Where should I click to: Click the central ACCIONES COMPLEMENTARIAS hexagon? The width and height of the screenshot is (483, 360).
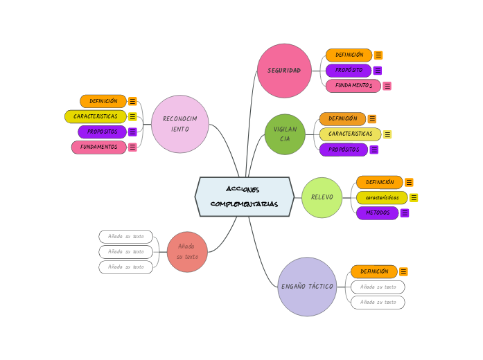click(x=244, y=197)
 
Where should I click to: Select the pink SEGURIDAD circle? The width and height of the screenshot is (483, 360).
click(x=284, y=71)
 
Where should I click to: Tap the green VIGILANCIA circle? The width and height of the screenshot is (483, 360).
click(x=285, y=134)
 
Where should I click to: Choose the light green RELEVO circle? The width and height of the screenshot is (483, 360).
click(x=322, y=197)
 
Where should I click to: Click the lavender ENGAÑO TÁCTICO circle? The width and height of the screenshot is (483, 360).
click(x=307, y=287)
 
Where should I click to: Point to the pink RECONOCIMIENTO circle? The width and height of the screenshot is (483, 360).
click(x=179, y=124)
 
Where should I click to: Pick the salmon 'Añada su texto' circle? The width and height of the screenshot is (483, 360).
click(x=187, y=252)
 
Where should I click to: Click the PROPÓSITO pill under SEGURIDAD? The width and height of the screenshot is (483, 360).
click(x=349, y=70)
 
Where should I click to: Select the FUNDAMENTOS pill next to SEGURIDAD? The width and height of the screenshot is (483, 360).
click(x=353, y=86)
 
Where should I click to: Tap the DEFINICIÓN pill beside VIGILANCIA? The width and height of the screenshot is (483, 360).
click(x=342, y=119)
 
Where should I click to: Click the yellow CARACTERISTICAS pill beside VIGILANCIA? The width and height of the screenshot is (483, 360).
click(x=350, y=134)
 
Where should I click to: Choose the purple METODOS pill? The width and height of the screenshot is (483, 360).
click(x=377, y=213)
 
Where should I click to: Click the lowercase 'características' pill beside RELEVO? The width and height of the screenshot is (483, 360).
click(x=382, y=198)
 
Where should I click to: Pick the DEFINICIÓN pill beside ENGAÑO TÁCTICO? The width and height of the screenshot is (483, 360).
click(x=374, y=271)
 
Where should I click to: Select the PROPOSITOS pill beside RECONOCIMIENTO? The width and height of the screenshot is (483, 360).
click(x=102, y=132)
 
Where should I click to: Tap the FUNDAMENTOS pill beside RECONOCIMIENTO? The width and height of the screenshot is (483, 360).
click(x=98, y=147)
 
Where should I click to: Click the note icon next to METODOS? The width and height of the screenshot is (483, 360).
click(x=405, y=213)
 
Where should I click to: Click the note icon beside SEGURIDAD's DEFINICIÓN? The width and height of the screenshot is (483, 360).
click(x=378, y=55)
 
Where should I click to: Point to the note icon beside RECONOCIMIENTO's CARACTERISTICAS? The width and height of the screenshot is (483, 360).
click(x=132, y=116)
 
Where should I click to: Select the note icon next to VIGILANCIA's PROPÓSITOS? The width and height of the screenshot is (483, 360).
click(x=374, y=150)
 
